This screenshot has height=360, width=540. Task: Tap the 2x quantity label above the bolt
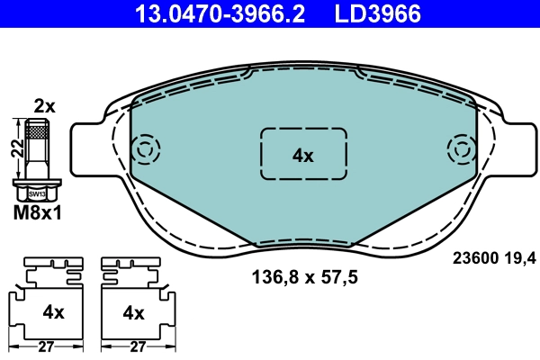[x=44, y=106]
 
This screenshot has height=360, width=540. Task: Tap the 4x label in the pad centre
[x=302, y=155]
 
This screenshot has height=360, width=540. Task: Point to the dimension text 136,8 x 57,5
[x=303, y=278]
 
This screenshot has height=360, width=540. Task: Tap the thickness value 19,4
[x=522, y=258]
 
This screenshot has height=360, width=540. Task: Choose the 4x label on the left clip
[x=54, y=312]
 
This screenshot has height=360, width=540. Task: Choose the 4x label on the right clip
[x=133, y=312]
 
